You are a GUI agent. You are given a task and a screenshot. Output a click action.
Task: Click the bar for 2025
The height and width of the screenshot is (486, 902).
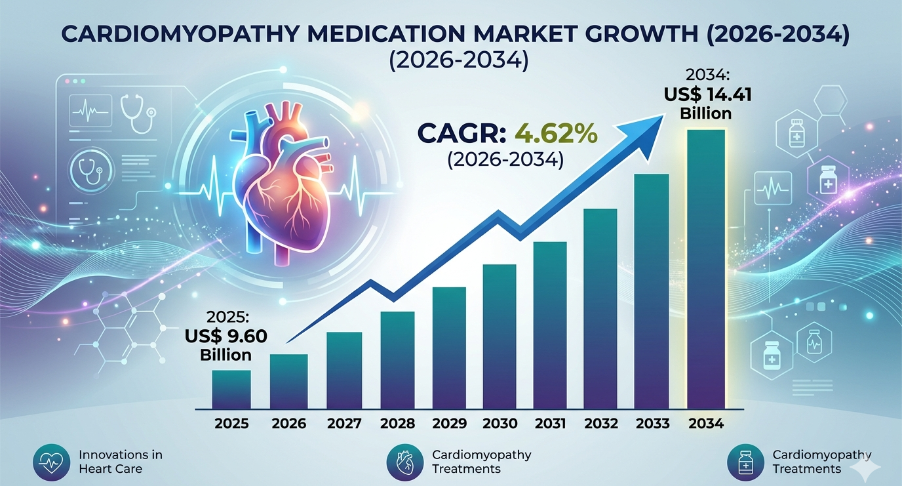click(x=231, y=390)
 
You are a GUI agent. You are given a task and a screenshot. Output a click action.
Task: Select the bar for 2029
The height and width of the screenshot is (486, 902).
click(x=449, y=348)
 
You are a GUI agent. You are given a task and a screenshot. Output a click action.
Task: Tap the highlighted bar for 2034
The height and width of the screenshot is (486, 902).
click(x=706, y=270)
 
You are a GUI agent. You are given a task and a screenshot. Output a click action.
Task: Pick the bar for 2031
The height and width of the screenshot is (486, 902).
click(x=550, y=325)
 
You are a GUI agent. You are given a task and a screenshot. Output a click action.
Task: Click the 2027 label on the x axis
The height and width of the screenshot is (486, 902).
click(x=344, y=424)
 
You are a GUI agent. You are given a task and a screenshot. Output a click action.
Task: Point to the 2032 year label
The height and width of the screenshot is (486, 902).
click(x=601, y=424)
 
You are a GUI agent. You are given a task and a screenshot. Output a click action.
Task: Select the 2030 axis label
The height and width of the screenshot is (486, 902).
click(x=500, y=424)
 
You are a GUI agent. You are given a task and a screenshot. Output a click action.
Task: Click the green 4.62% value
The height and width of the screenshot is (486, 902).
click(x=556, y=134)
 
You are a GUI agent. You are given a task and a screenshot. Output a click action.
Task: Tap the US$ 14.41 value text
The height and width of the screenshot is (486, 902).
click(x=707, y=95)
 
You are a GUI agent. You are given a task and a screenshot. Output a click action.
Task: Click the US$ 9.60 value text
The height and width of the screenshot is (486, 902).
click(x=226, y=336)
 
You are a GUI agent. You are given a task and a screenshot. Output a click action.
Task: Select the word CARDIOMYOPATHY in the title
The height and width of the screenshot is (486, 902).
click(x=180, y=34)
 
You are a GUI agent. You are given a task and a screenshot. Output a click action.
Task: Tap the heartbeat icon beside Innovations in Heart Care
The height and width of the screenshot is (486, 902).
click(x=52, y=462)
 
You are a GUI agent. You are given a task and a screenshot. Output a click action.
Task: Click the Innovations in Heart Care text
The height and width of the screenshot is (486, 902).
click(x=121, y=462)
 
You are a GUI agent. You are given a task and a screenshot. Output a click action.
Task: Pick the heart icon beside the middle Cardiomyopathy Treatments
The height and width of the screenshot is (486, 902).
click(x=405, y=462)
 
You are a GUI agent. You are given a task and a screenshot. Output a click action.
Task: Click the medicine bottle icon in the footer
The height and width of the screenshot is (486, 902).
click(x=746, y=462)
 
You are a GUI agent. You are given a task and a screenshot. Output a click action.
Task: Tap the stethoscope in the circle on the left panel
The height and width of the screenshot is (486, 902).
click(x=92, y=169)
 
